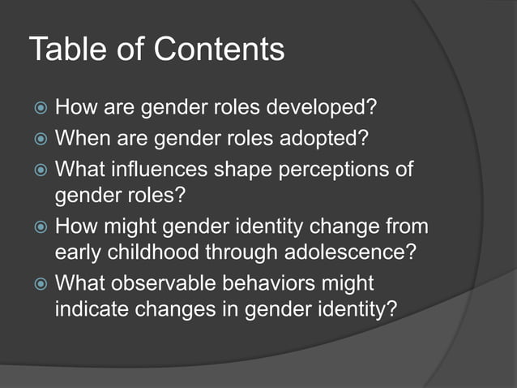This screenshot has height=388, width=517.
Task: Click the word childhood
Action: pos(147,252)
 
